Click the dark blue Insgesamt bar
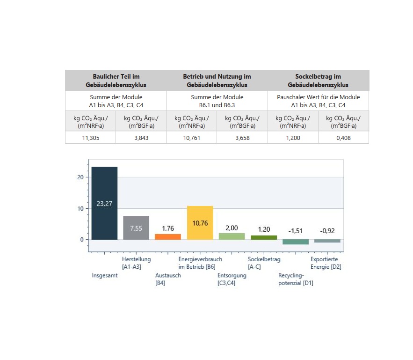(105, 203)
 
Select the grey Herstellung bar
(136, 228)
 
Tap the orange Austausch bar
(168, 237)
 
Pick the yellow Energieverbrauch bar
(200, 223)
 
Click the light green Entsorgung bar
(232, 236)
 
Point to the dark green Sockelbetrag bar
(264, 237)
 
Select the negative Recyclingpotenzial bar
(296, 242)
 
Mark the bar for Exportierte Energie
(327, 241)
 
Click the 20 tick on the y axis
(80, 177)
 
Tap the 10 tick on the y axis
(80, 209)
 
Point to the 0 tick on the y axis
(82, 240)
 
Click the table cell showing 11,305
(91, 138)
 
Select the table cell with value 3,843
(141, 138)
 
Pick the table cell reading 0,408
(343, 138)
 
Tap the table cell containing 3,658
(242, 138)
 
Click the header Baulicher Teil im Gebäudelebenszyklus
(116, 81)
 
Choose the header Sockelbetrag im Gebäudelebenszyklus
(318, 81)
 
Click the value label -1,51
(296, 231)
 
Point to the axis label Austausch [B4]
(168, 279)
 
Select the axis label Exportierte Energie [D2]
(326, 263)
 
